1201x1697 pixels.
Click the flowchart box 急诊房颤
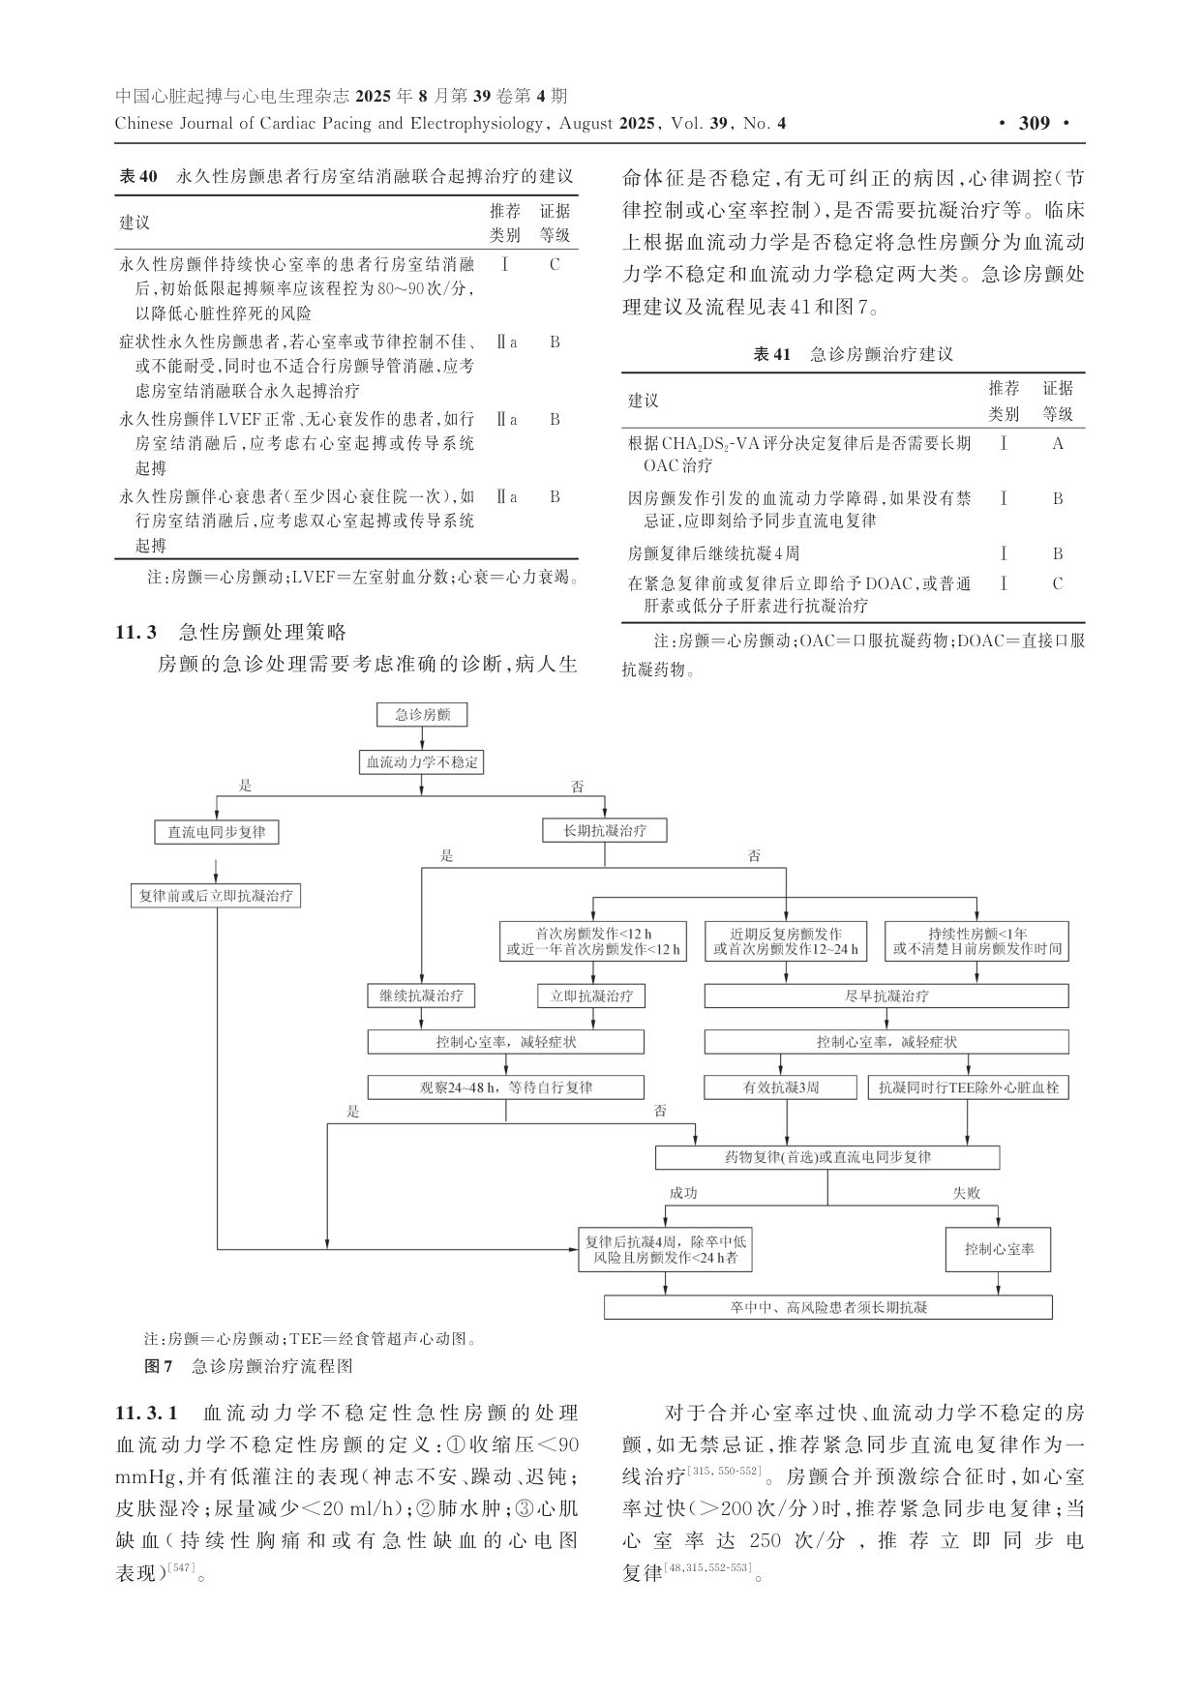coord(422,715)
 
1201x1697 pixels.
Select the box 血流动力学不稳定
coord(421,762)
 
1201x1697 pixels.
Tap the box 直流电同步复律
coord(217,832)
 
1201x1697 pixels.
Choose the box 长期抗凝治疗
coord(606,831)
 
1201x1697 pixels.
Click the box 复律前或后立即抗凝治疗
coord(217,896)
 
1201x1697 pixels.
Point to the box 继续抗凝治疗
coord(422,996)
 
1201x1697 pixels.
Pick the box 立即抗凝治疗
coord(591,996)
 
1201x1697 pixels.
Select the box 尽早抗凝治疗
coord(886,996)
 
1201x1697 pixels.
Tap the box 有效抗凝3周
coord(781,1087)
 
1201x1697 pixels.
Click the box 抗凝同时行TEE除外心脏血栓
coord(969,1087)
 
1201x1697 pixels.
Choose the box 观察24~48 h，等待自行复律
coord(506,1087)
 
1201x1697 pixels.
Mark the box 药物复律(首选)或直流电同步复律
coord(827,1157)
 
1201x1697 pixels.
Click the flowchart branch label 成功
coord(683,1193)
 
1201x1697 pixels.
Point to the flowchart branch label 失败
coord(966,1193)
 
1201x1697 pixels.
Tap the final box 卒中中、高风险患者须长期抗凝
coord(828,1307)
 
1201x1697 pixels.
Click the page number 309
coord(1035,123)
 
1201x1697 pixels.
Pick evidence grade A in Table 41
coord(1058,444)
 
